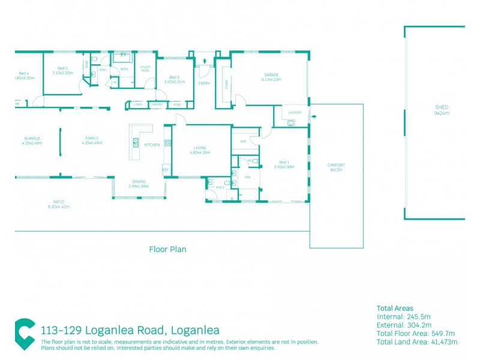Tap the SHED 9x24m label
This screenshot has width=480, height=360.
click(442, 110)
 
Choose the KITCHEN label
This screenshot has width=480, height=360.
click(151, 145)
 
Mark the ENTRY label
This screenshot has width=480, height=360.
click(203, 83)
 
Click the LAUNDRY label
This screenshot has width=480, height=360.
click(295, 112)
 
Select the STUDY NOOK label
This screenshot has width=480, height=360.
click(145, 69)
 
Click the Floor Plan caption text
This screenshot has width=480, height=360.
click(167, 249)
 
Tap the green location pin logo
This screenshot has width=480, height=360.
click(25, 334)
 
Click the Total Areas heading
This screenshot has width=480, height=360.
click(395, 308)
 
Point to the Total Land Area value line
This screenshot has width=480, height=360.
click(416, 341)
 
